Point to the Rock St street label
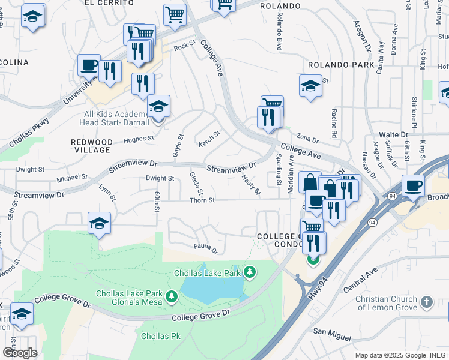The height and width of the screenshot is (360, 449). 185,46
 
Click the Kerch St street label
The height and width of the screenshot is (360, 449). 209,138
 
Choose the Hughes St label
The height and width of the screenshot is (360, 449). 139,139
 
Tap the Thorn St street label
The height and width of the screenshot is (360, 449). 202,200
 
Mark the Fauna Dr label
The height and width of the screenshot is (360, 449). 205,246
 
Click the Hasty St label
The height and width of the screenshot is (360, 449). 250,184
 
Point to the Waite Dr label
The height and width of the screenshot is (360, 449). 393,136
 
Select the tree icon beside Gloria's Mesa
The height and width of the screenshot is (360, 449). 172,296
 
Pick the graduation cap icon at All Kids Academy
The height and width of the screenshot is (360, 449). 158,107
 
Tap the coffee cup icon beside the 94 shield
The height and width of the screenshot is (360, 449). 412,185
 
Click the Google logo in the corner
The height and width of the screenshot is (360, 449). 20,352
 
